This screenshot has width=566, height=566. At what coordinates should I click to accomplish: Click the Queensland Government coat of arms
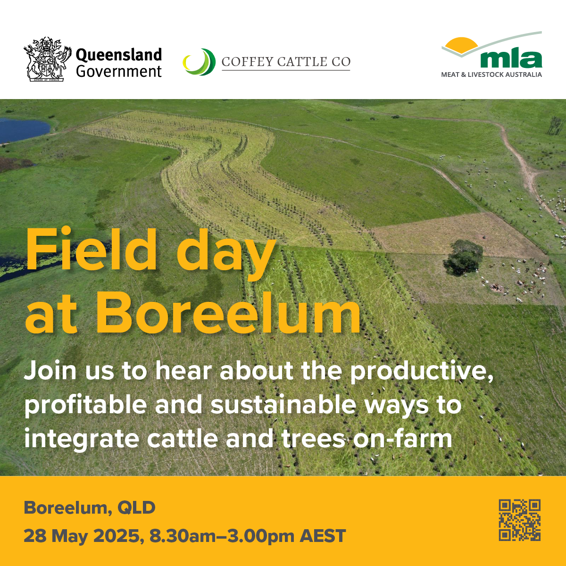tap(48, 59)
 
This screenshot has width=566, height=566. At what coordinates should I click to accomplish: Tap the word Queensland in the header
tap(119, 55)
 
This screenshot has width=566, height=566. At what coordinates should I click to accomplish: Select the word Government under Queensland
tap(119, 72)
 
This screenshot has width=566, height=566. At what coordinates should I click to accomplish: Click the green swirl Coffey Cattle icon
tap(199, 62)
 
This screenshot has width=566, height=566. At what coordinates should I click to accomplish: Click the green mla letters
tap(511, 59)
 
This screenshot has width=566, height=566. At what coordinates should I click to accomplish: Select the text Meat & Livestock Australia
tap(491, 75)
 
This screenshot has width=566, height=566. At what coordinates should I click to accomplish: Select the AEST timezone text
tap(323, 536)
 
